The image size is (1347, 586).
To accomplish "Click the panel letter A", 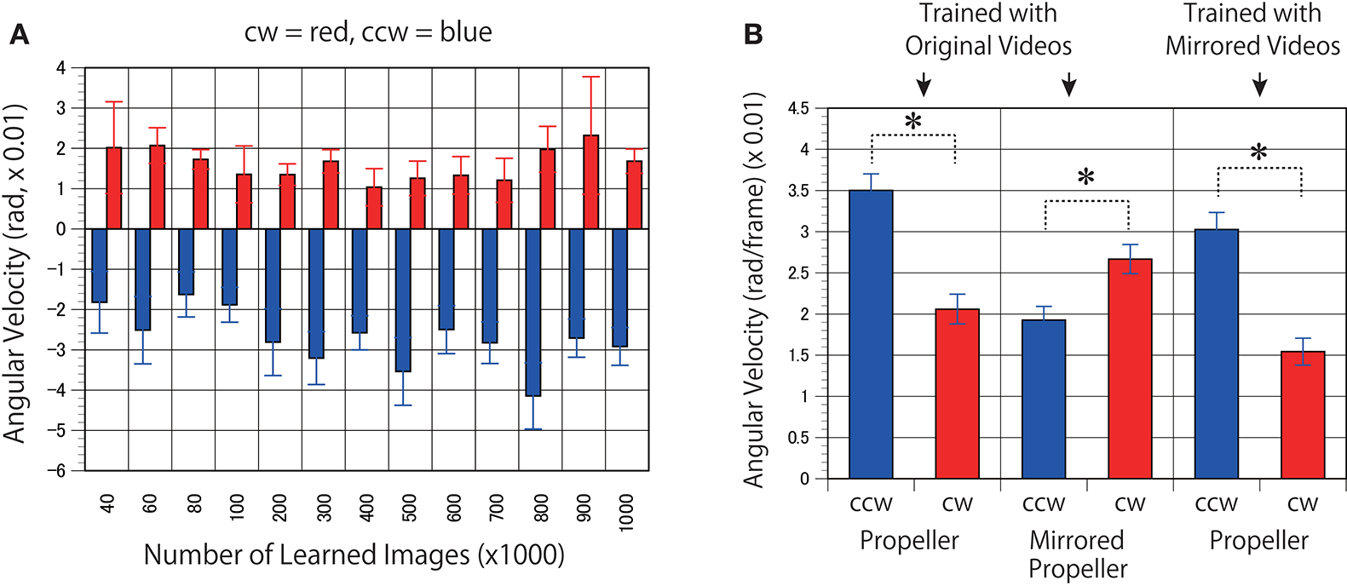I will pos(19,35).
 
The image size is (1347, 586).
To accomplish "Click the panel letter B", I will pos(753,35).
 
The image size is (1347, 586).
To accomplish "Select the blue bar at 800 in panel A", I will pos(533,312).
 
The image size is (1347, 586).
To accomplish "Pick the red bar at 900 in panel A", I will pos(590,182).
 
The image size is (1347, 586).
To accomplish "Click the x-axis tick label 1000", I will pos(626,512).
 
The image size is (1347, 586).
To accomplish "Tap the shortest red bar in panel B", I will pos(1303,415).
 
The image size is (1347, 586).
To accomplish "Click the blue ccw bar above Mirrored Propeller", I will pos(1044,399).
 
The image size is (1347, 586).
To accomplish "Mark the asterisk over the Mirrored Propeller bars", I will pos(1085,178).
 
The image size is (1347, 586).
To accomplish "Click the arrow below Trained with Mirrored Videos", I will pos(1260,84).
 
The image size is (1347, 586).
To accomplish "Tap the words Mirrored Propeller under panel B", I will pos(1078,554).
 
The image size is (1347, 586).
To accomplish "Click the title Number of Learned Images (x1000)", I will pos(354,555).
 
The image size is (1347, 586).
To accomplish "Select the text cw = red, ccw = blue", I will pos(368,32).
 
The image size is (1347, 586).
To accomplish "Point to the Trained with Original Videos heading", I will pos(988,30).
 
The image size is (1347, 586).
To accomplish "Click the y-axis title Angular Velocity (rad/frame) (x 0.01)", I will pos(753,290).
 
